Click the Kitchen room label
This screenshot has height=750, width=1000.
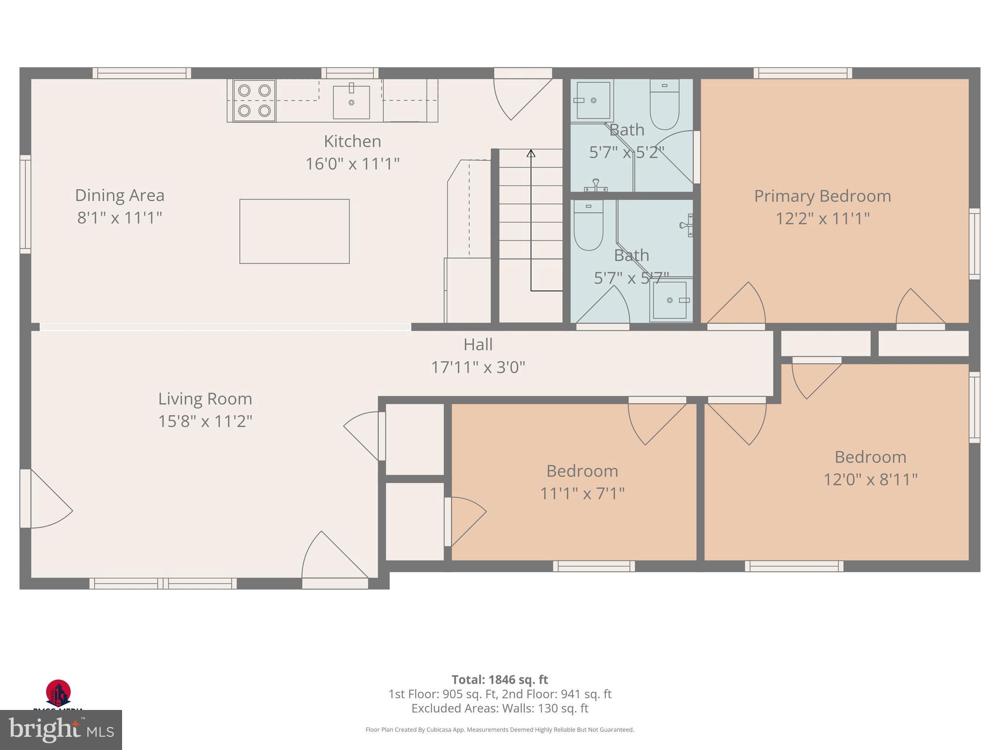pos(352,142)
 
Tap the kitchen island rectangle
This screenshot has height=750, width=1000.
pos(294,231)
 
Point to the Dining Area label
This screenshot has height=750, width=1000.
pos(120,195)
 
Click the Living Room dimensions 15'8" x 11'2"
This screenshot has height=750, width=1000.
pos(205,421)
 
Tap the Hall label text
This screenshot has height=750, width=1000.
pos(478,345)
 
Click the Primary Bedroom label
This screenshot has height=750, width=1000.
pos(822,196)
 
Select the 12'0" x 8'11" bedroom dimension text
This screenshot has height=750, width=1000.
pos(870,479)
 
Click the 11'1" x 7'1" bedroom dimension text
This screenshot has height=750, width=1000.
pos(582,494)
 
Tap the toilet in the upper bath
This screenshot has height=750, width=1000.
pos(665,105)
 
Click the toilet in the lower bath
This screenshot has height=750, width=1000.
pos(588,226)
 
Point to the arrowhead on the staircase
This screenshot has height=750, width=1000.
pos(531,153)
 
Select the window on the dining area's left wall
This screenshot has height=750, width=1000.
pos(25,204)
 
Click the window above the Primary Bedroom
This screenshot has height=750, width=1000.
pos(803,73)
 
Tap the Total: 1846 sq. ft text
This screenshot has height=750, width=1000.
pos(500,680)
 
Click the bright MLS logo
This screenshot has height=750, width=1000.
pos(61,730)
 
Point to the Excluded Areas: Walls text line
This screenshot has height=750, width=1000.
pos(500,708)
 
